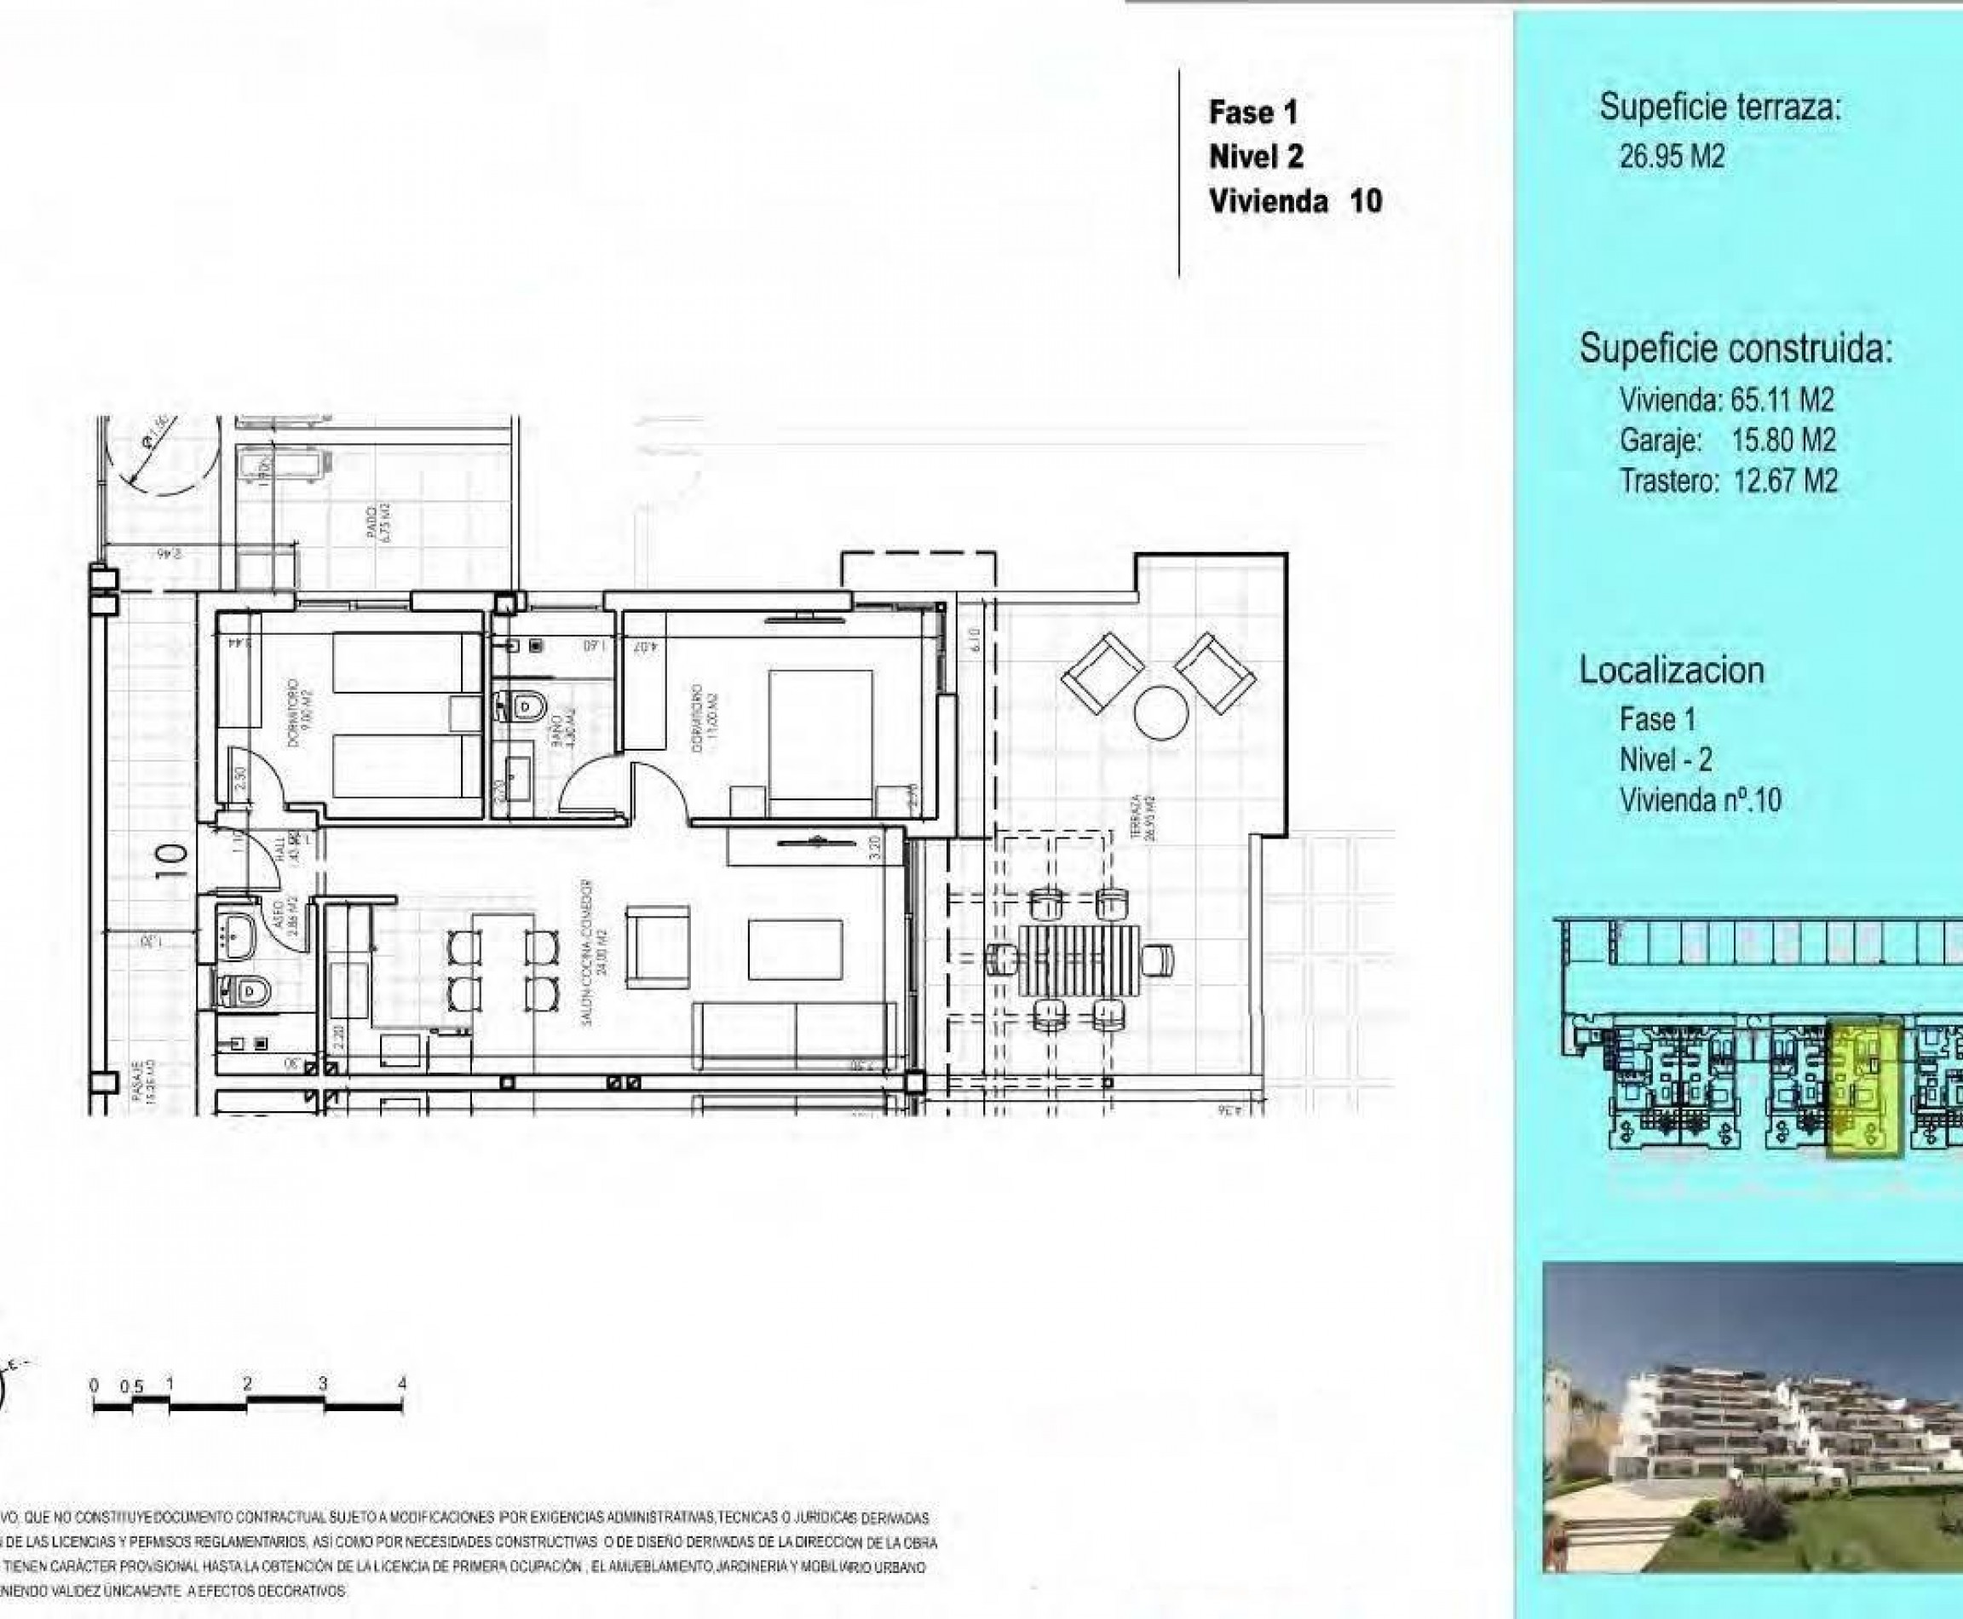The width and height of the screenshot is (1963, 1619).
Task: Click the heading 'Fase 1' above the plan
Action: pos(1252,112)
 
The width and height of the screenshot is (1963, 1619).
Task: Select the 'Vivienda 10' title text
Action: pos(1294,201)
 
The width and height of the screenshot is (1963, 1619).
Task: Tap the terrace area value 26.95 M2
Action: pos(1671,157)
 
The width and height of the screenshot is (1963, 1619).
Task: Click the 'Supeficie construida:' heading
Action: pos(1736,349)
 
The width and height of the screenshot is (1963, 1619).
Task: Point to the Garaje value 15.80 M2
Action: pos(1783,441)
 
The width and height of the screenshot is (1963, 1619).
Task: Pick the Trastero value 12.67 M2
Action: pos(1785,481)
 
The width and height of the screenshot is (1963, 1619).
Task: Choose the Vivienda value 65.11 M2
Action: pos(1782,400)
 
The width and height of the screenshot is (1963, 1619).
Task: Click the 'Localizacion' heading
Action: pos(1671,670)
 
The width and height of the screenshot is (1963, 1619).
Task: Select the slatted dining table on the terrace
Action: pos(1079,959)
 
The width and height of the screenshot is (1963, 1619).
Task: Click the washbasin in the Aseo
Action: pos(239,930)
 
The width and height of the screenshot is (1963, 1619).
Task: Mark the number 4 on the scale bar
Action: pos(402,1384)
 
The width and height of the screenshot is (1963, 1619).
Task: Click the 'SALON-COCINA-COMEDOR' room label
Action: pos(594,954)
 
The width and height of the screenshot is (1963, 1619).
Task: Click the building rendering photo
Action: pos(1753,1419)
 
